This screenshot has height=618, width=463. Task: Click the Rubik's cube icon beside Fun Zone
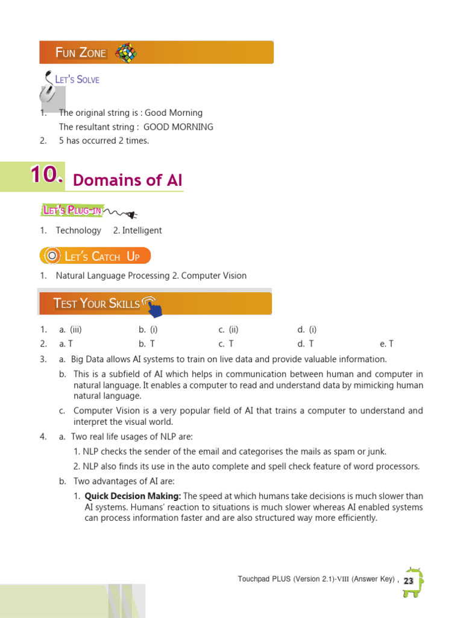(125, 53)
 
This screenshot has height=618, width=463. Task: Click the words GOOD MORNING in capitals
(178, 127)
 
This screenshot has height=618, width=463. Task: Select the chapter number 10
(46, 175)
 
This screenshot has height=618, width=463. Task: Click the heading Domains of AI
(127, 180)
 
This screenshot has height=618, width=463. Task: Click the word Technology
(78, 231)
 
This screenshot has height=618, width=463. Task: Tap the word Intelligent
(142, 231)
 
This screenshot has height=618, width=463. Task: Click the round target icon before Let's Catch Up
(52, 256)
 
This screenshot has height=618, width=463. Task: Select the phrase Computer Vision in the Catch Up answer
(214, 276)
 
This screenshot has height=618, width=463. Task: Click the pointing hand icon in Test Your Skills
(153, 307)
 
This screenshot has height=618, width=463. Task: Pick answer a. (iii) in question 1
(70, 330)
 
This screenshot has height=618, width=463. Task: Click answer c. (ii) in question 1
(229, 330)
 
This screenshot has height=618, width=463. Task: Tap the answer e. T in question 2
(386, 344)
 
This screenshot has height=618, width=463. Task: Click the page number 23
(409, 581)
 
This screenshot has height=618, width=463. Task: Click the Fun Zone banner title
(81, 53)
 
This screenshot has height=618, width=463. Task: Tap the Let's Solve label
(77, 80)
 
